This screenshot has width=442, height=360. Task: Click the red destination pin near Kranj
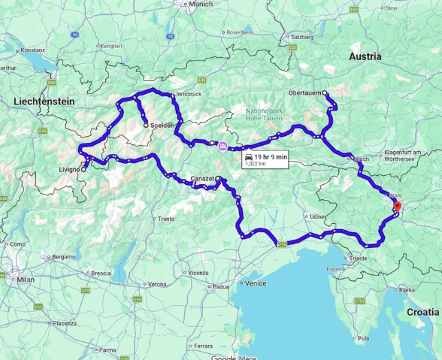pyautogui.click(x=397, y=205)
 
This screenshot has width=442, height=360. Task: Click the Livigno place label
pyautogui.click(x=69, y=169)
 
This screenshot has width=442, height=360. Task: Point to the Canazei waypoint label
pyautogui.click(x=202, y=179)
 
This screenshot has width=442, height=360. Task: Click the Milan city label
pyautogui.click(x=25, y=280)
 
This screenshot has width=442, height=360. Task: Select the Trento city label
pyautogui.click(x=166, y=219)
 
